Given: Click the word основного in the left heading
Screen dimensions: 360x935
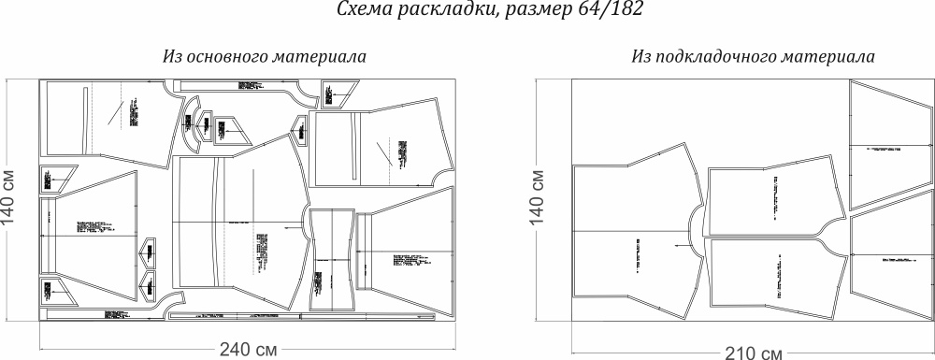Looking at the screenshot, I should tap(225, 57).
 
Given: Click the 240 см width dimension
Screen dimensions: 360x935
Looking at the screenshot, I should tap(249, 350).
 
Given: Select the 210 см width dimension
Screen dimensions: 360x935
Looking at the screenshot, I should tap(752, 353).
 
